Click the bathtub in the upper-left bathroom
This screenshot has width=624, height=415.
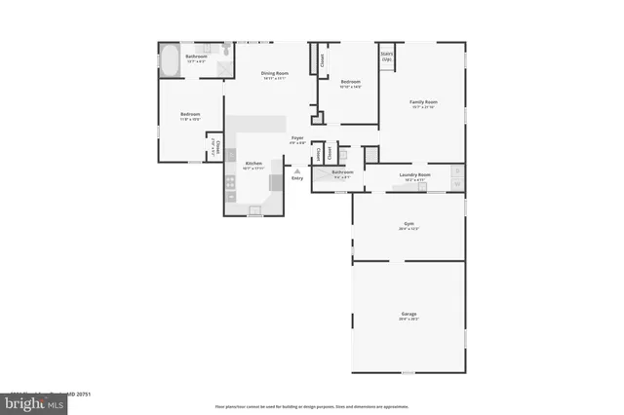(169, 61)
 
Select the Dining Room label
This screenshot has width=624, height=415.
(274, 74)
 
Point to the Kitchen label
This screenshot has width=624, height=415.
(253, 163)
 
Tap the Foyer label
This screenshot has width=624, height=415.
(297, 137)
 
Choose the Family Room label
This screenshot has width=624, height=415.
(422, 101)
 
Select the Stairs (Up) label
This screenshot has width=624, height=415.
(387, 57)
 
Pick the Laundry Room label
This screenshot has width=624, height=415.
(413, 175)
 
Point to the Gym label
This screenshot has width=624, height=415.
(409, 224)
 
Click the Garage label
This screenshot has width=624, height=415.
(409, 314)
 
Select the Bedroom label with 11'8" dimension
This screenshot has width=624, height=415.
(189, 115)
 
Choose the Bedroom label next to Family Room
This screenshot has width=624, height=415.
(350, 82)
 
